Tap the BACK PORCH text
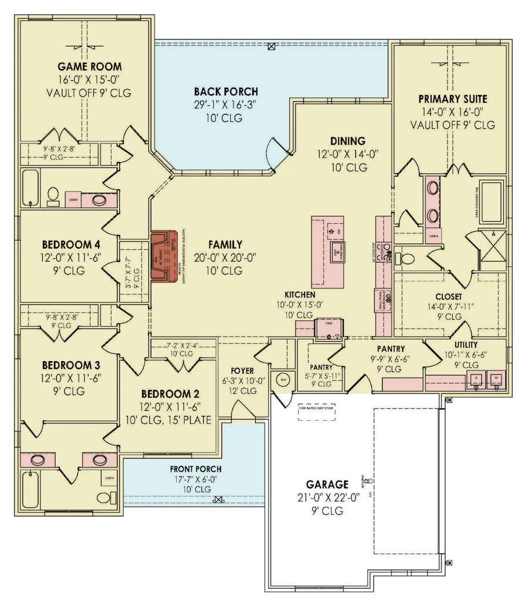coord(226,92)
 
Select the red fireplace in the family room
coord(165,256)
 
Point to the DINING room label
coord(347,141)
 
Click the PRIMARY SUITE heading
coord(452,99)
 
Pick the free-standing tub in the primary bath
coord(492,202)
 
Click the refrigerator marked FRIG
coord(328,329)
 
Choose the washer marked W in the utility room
coord(496,377)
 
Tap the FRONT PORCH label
coord(195,469)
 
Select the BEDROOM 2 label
coord(166,394)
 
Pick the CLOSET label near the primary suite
coord(448,297)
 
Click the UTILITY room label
coord(466,345)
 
